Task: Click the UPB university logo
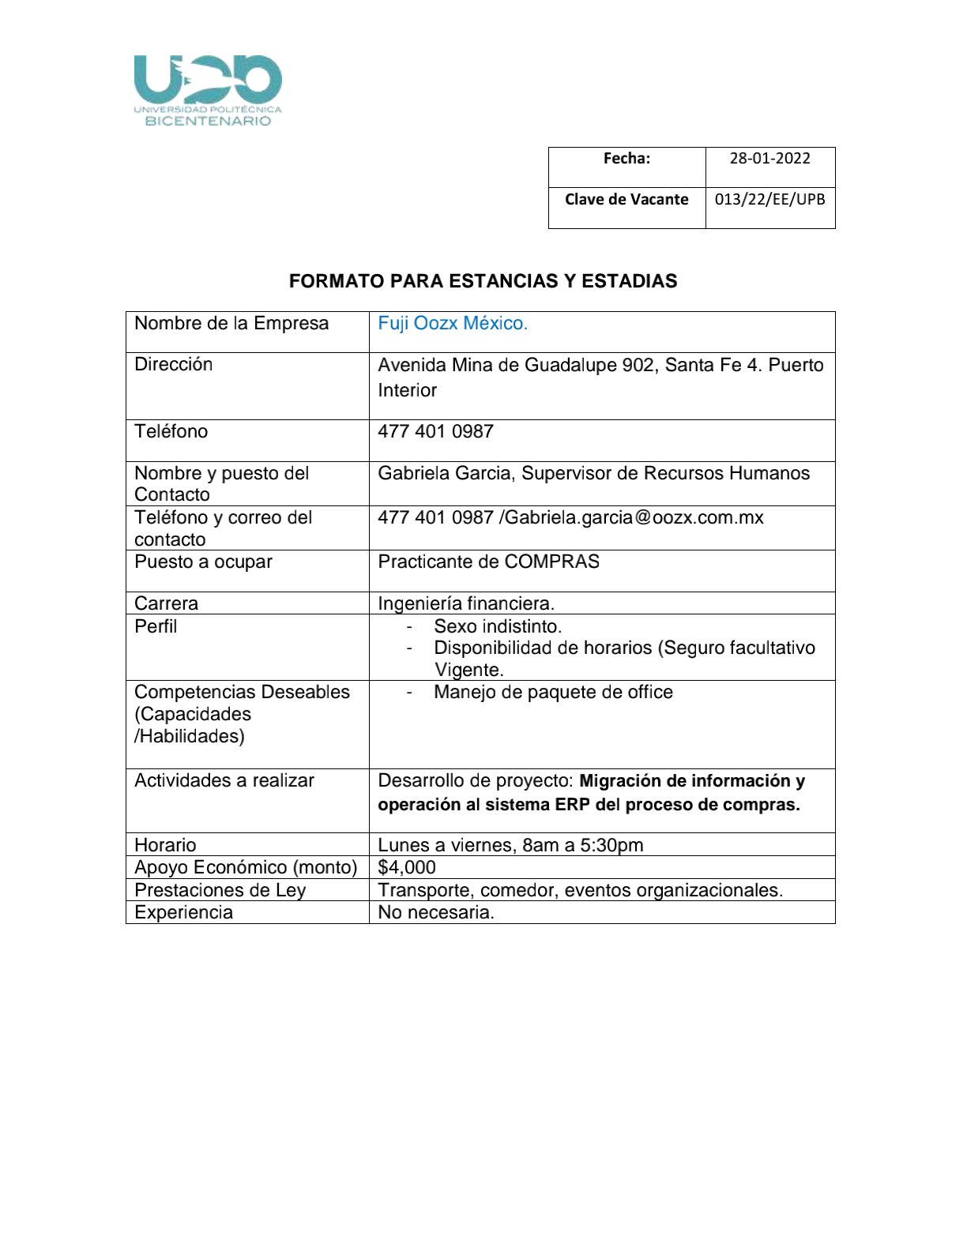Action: [208, 89]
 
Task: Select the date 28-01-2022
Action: [769, 159]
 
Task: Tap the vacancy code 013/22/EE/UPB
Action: [769, 200]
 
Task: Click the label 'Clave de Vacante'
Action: [626, 200]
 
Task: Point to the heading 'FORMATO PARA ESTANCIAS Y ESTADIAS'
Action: [483, 281]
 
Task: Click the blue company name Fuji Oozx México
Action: [452, 324]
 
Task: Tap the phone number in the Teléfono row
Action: [435, 432]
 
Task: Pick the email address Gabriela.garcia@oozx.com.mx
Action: [634, 518]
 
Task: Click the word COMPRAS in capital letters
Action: [551, 562]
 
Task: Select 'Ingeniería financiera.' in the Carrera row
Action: [466, 604]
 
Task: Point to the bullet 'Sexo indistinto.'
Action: [498, 627]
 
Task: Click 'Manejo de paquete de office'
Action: [553, 693]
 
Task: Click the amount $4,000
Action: [407, 868]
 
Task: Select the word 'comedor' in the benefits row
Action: [517, 891]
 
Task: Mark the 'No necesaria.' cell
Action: [436, 913]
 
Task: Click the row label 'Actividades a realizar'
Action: [224, 781]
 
